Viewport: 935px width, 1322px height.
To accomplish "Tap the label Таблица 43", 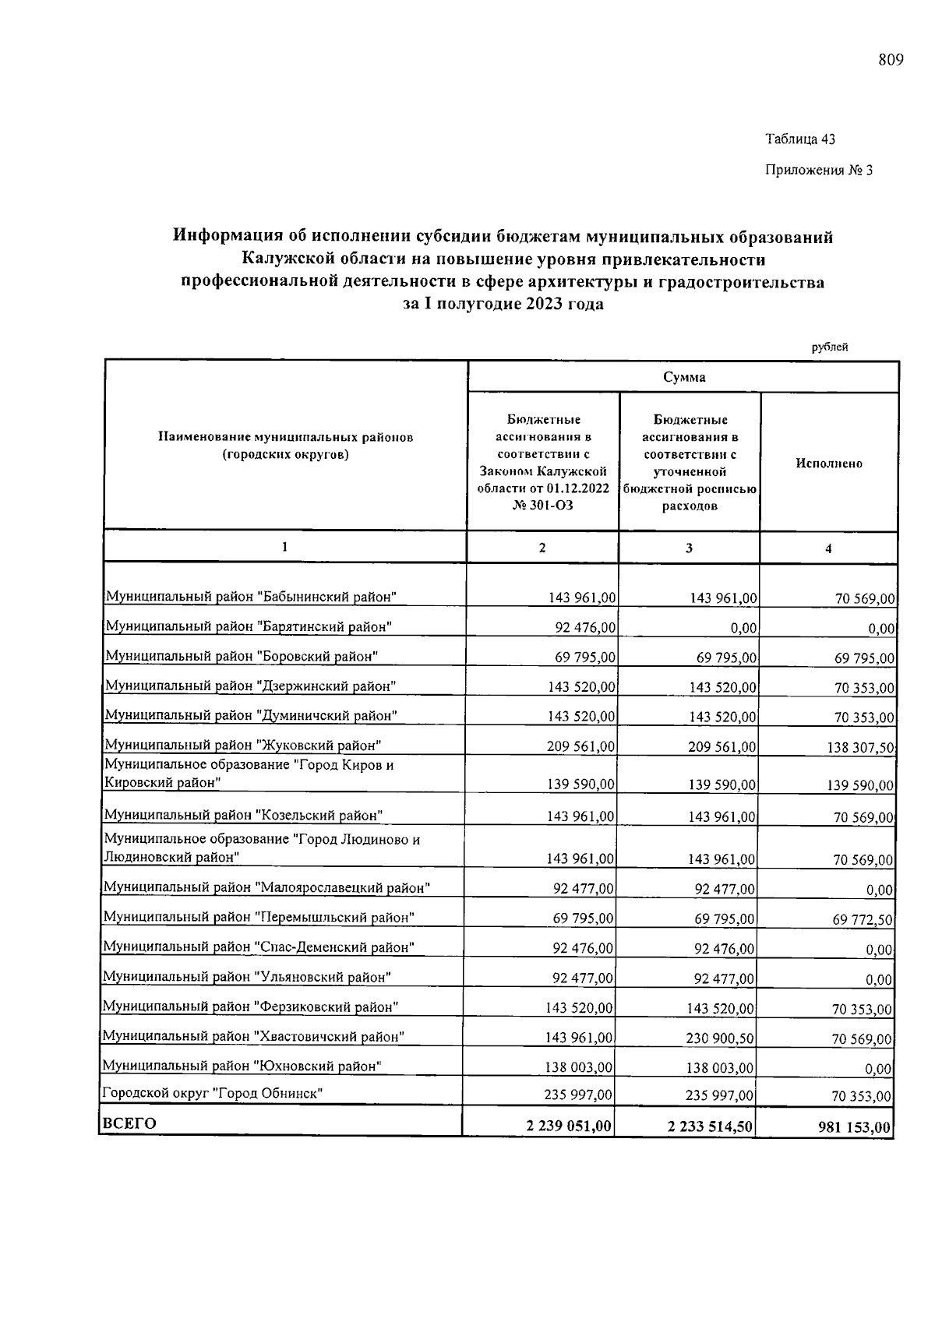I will click(800, 139).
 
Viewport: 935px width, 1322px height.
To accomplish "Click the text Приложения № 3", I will click(819, 170).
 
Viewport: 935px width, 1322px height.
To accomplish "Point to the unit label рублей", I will click(830, 347).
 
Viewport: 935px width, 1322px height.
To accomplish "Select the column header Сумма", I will click(684, 377).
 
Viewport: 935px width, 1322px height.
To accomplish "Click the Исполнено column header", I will click(829, 464).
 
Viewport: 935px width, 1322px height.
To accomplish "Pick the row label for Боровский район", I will click(242, 656).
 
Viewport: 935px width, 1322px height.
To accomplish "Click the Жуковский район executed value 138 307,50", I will click(860, 748).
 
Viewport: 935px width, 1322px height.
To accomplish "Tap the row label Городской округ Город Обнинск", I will click(213, 1093).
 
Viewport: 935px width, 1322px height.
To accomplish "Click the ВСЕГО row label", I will click(130, 1123).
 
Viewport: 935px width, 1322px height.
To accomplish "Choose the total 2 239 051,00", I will click(568, 1126).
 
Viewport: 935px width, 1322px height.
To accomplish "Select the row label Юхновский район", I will click(242, 1066).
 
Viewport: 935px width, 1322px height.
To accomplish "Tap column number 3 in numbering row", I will click(689, 548).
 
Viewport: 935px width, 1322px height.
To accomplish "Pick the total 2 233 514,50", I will click(710, 1126).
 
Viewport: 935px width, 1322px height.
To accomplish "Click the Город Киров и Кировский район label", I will click(249, 774).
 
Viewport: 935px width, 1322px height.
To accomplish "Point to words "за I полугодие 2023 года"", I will click(503, 305).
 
